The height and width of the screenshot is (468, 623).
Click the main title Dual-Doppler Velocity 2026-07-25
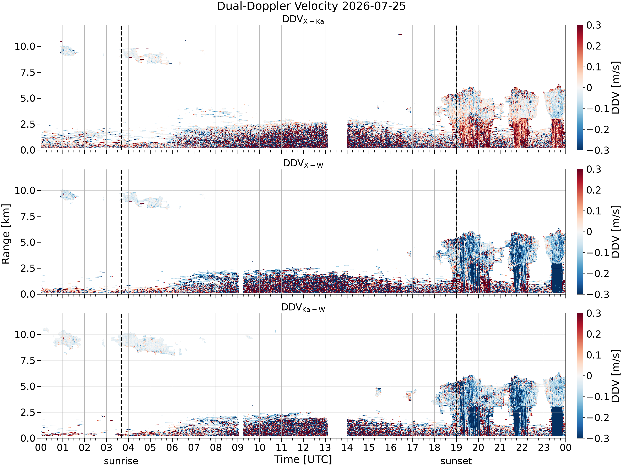(x=311, y=6)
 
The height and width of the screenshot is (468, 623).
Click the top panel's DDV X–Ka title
(x=303, y=20)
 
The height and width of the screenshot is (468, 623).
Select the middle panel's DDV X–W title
(x=303, y=164)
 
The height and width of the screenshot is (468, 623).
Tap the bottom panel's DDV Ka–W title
(x=303, y=307)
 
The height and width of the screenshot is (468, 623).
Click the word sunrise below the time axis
(x=121, y=461)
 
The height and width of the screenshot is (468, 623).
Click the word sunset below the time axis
(x=456, y=461)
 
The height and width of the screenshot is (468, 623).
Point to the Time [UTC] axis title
(x=303, y=459)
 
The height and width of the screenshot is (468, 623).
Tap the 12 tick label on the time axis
(x=303, y=447)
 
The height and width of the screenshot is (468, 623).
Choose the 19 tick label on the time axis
(x=456, y=447)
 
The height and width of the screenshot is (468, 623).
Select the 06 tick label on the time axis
(x=172, y=447)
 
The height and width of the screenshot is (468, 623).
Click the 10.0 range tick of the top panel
(x=25, y=46)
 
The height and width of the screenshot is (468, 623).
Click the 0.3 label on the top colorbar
(x=594, y=25)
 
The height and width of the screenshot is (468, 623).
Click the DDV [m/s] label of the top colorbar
(x=616, y=87)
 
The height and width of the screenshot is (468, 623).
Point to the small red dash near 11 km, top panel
(x=400, y=34)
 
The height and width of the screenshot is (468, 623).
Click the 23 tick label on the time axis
(x=544, y=447)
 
